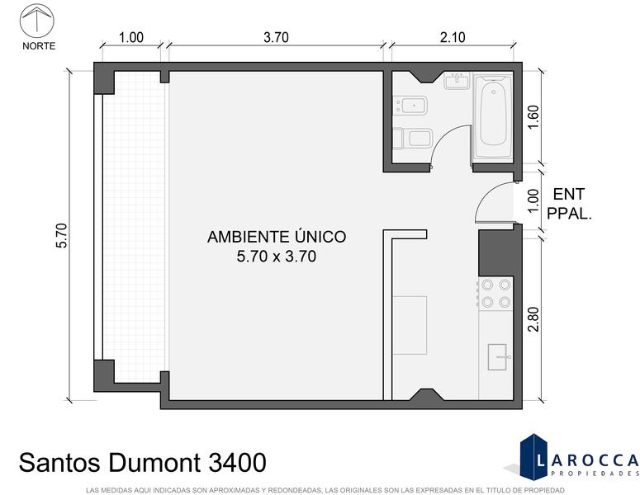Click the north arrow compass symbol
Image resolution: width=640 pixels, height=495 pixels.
[37, 21]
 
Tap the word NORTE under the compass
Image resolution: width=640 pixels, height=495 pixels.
[39, 46]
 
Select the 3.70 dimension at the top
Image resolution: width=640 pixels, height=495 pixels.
[276, 37]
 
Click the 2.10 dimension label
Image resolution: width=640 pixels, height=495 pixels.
[453, 37]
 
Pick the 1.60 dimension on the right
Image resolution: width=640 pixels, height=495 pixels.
[533, 117]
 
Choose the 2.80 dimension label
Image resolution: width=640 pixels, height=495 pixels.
[533, 318]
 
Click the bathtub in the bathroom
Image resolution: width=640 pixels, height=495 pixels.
[493, 115]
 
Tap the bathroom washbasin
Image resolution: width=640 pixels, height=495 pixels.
[457, 81]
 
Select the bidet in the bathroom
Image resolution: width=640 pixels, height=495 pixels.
[410, 106]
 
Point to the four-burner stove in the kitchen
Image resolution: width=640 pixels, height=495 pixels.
[495, 294]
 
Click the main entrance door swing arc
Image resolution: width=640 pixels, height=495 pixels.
[486, 195]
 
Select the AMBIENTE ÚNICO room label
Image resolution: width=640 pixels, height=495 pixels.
[277, 237]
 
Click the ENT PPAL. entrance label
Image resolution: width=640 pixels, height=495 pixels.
[569, 204]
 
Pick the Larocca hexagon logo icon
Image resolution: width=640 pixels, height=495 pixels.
[533, 457]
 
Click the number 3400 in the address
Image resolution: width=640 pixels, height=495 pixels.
[237, 463]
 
